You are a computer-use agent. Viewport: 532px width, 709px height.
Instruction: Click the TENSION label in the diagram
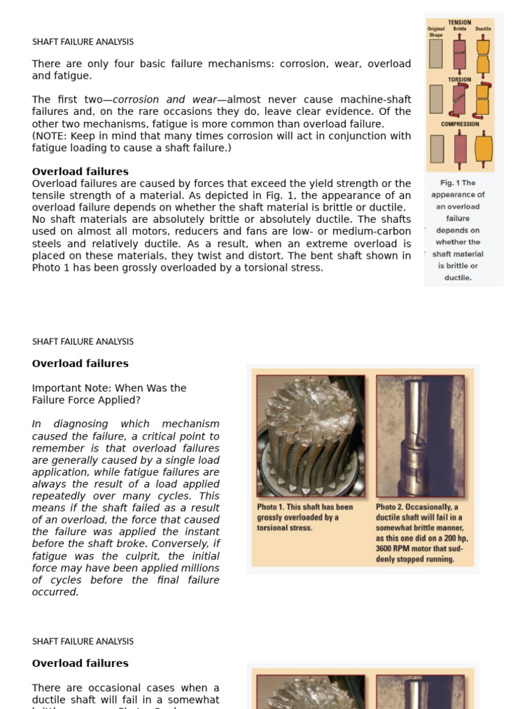click(460, 22)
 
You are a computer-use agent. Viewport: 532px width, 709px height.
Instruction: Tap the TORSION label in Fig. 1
click(459, 80)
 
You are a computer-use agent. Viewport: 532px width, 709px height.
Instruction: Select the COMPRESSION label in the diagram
click(460, 125)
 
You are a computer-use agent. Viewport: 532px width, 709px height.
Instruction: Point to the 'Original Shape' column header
click(436, 32)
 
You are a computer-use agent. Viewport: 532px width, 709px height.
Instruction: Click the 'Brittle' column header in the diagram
click(460, 29)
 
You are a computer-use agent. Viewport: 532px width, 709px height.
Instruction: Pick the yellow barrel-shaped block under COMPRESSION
click(483, 147)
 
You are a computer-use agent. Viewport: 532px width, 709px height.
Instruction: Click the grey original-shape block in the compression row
click(437, 148)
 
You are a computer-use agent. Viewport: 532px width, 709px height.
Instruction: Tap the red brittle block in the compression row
click(460, 148)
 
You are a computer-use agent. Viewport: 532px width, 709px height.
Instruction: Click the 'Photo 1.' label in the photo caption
click(271, 508)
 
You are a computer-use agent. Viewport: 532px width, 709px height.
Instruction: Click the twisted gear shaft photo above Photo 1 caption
click(310, 436)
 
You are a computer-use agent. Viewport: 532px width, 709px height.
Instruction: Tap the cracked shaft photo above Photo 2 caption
click(420, 436)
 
